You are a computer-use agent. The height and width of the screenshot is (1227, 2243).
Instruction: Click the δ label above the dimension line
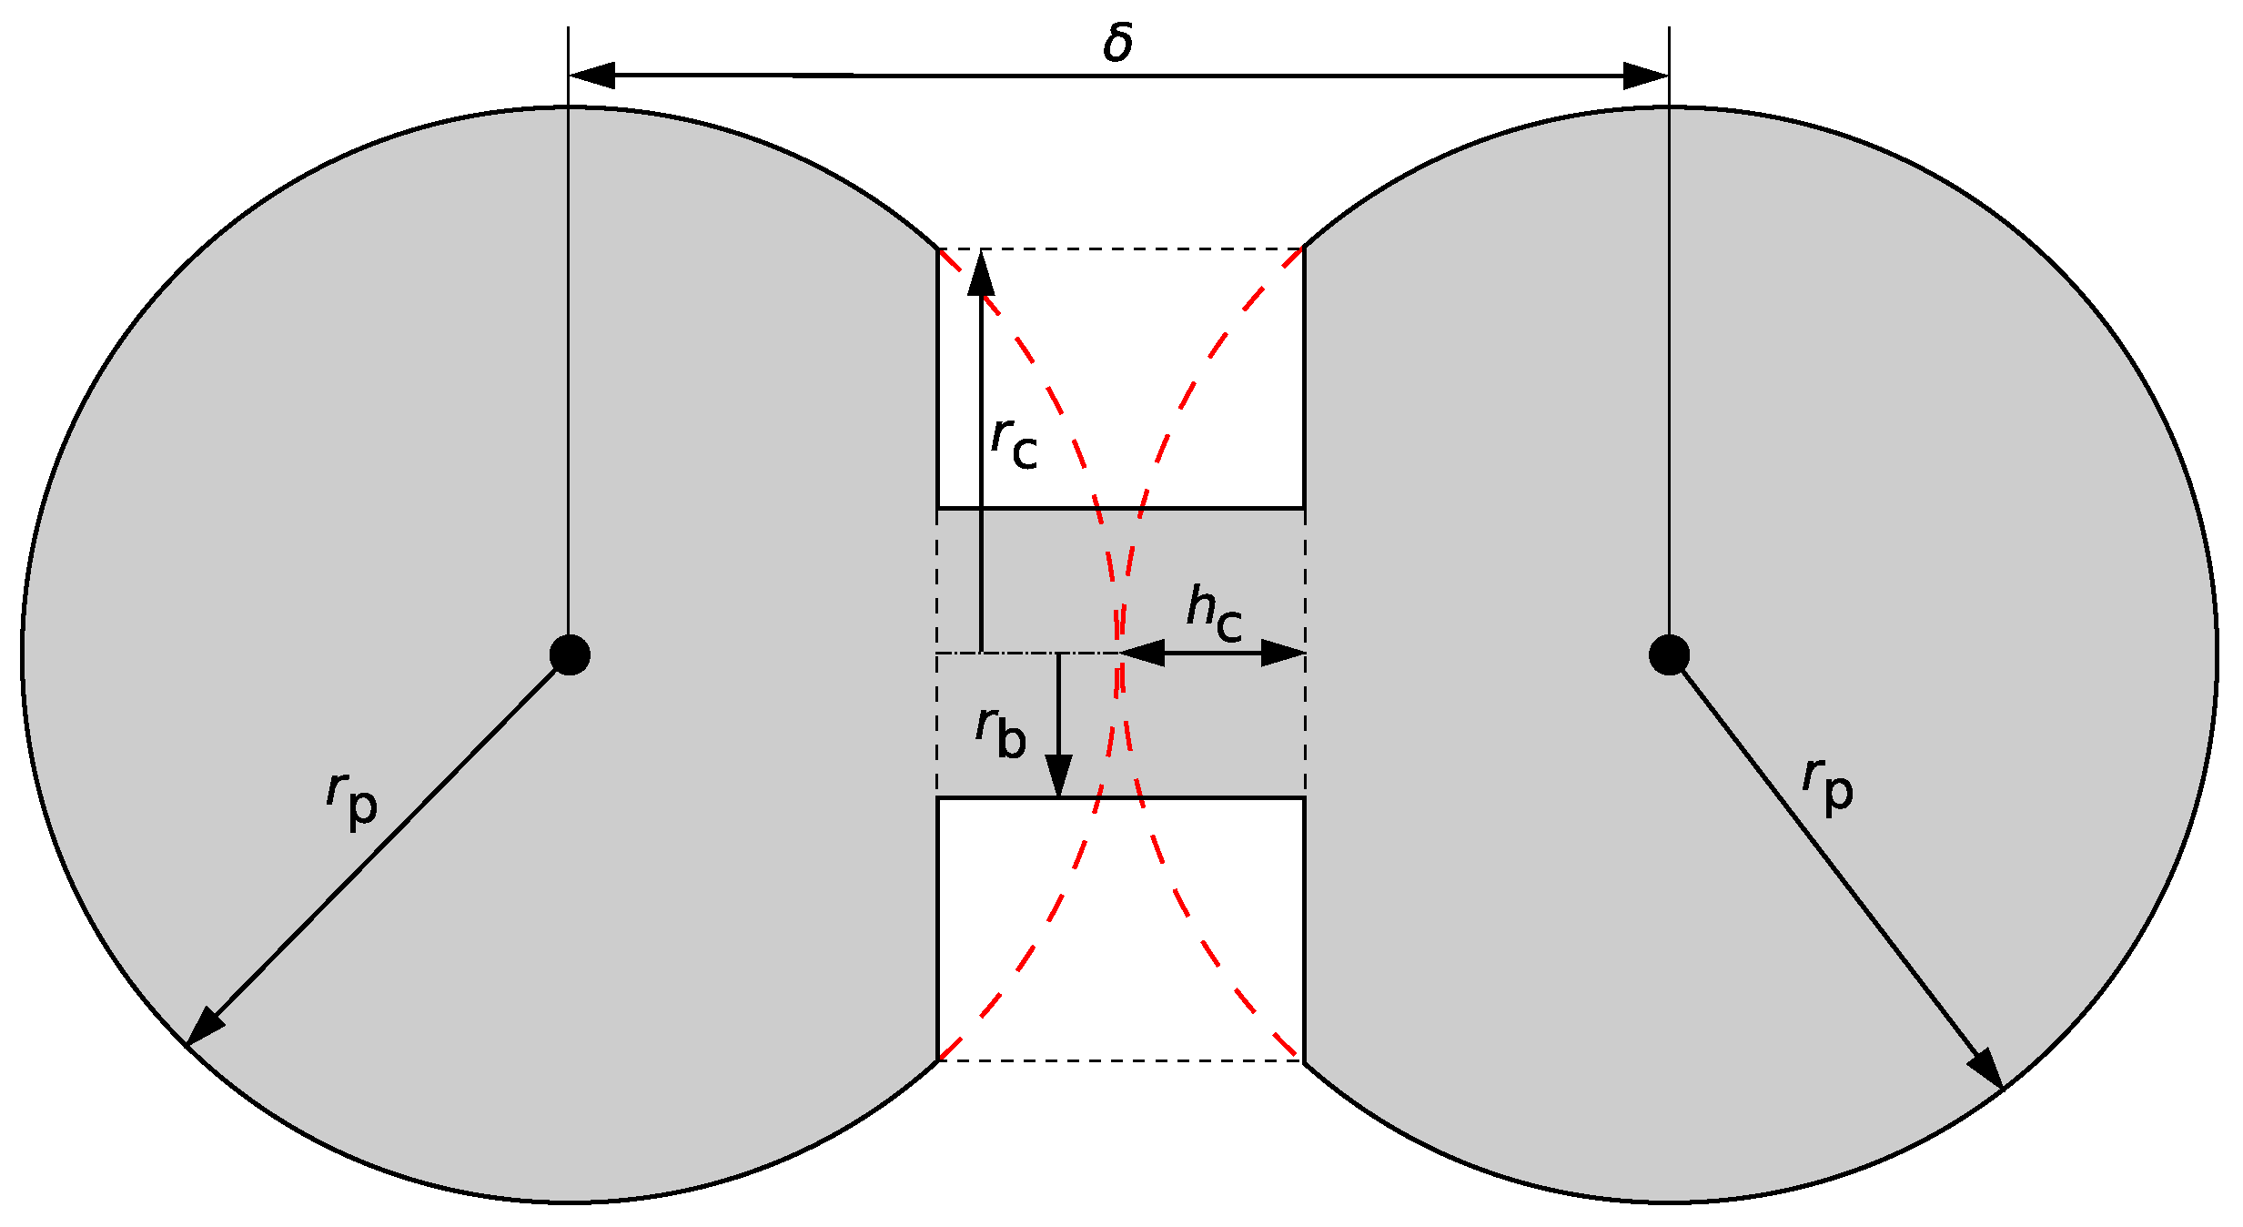click(1118, 44)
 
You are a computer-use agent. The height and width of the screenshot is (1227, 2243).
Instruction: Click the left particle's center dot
click(570, 654)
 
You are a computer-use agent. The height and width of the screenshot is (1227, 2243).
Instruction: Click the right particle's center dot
click(1669, 654)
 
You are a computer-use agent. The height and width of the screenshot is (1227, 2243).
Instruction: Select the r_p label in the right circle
click(1828, 785)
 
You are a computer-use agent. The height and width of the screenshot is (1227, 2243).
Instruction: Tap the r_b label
click(1001, 733)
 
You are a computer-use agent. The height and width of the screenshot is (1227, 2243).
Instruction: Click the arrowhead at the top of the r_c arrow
click(981, 273)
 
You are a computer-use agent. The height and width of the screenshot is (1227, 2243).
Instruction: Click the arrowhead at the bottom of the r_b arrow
click(1058, 776)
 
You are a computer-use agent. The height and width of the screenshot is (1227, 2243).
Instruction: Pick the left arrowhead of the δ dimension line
click(592, 76)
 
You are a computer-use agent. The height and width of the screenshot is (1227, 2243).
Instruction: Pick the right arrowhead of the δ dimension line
click(1645, 76)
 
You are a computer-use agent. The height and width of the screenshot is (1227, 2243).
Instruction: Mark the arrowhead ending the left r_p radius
click(204, 1028)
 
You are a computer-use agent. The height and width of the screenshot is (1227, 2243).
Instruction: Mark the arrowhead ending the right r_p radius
click(1987, 1069)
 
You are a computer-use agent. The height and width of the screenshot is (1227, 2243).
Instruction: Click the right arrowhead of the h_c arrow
click(1283, 653)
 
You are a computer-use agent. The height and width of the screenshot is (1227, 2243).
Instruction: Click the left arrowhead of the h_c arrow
click(1143, 653)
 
